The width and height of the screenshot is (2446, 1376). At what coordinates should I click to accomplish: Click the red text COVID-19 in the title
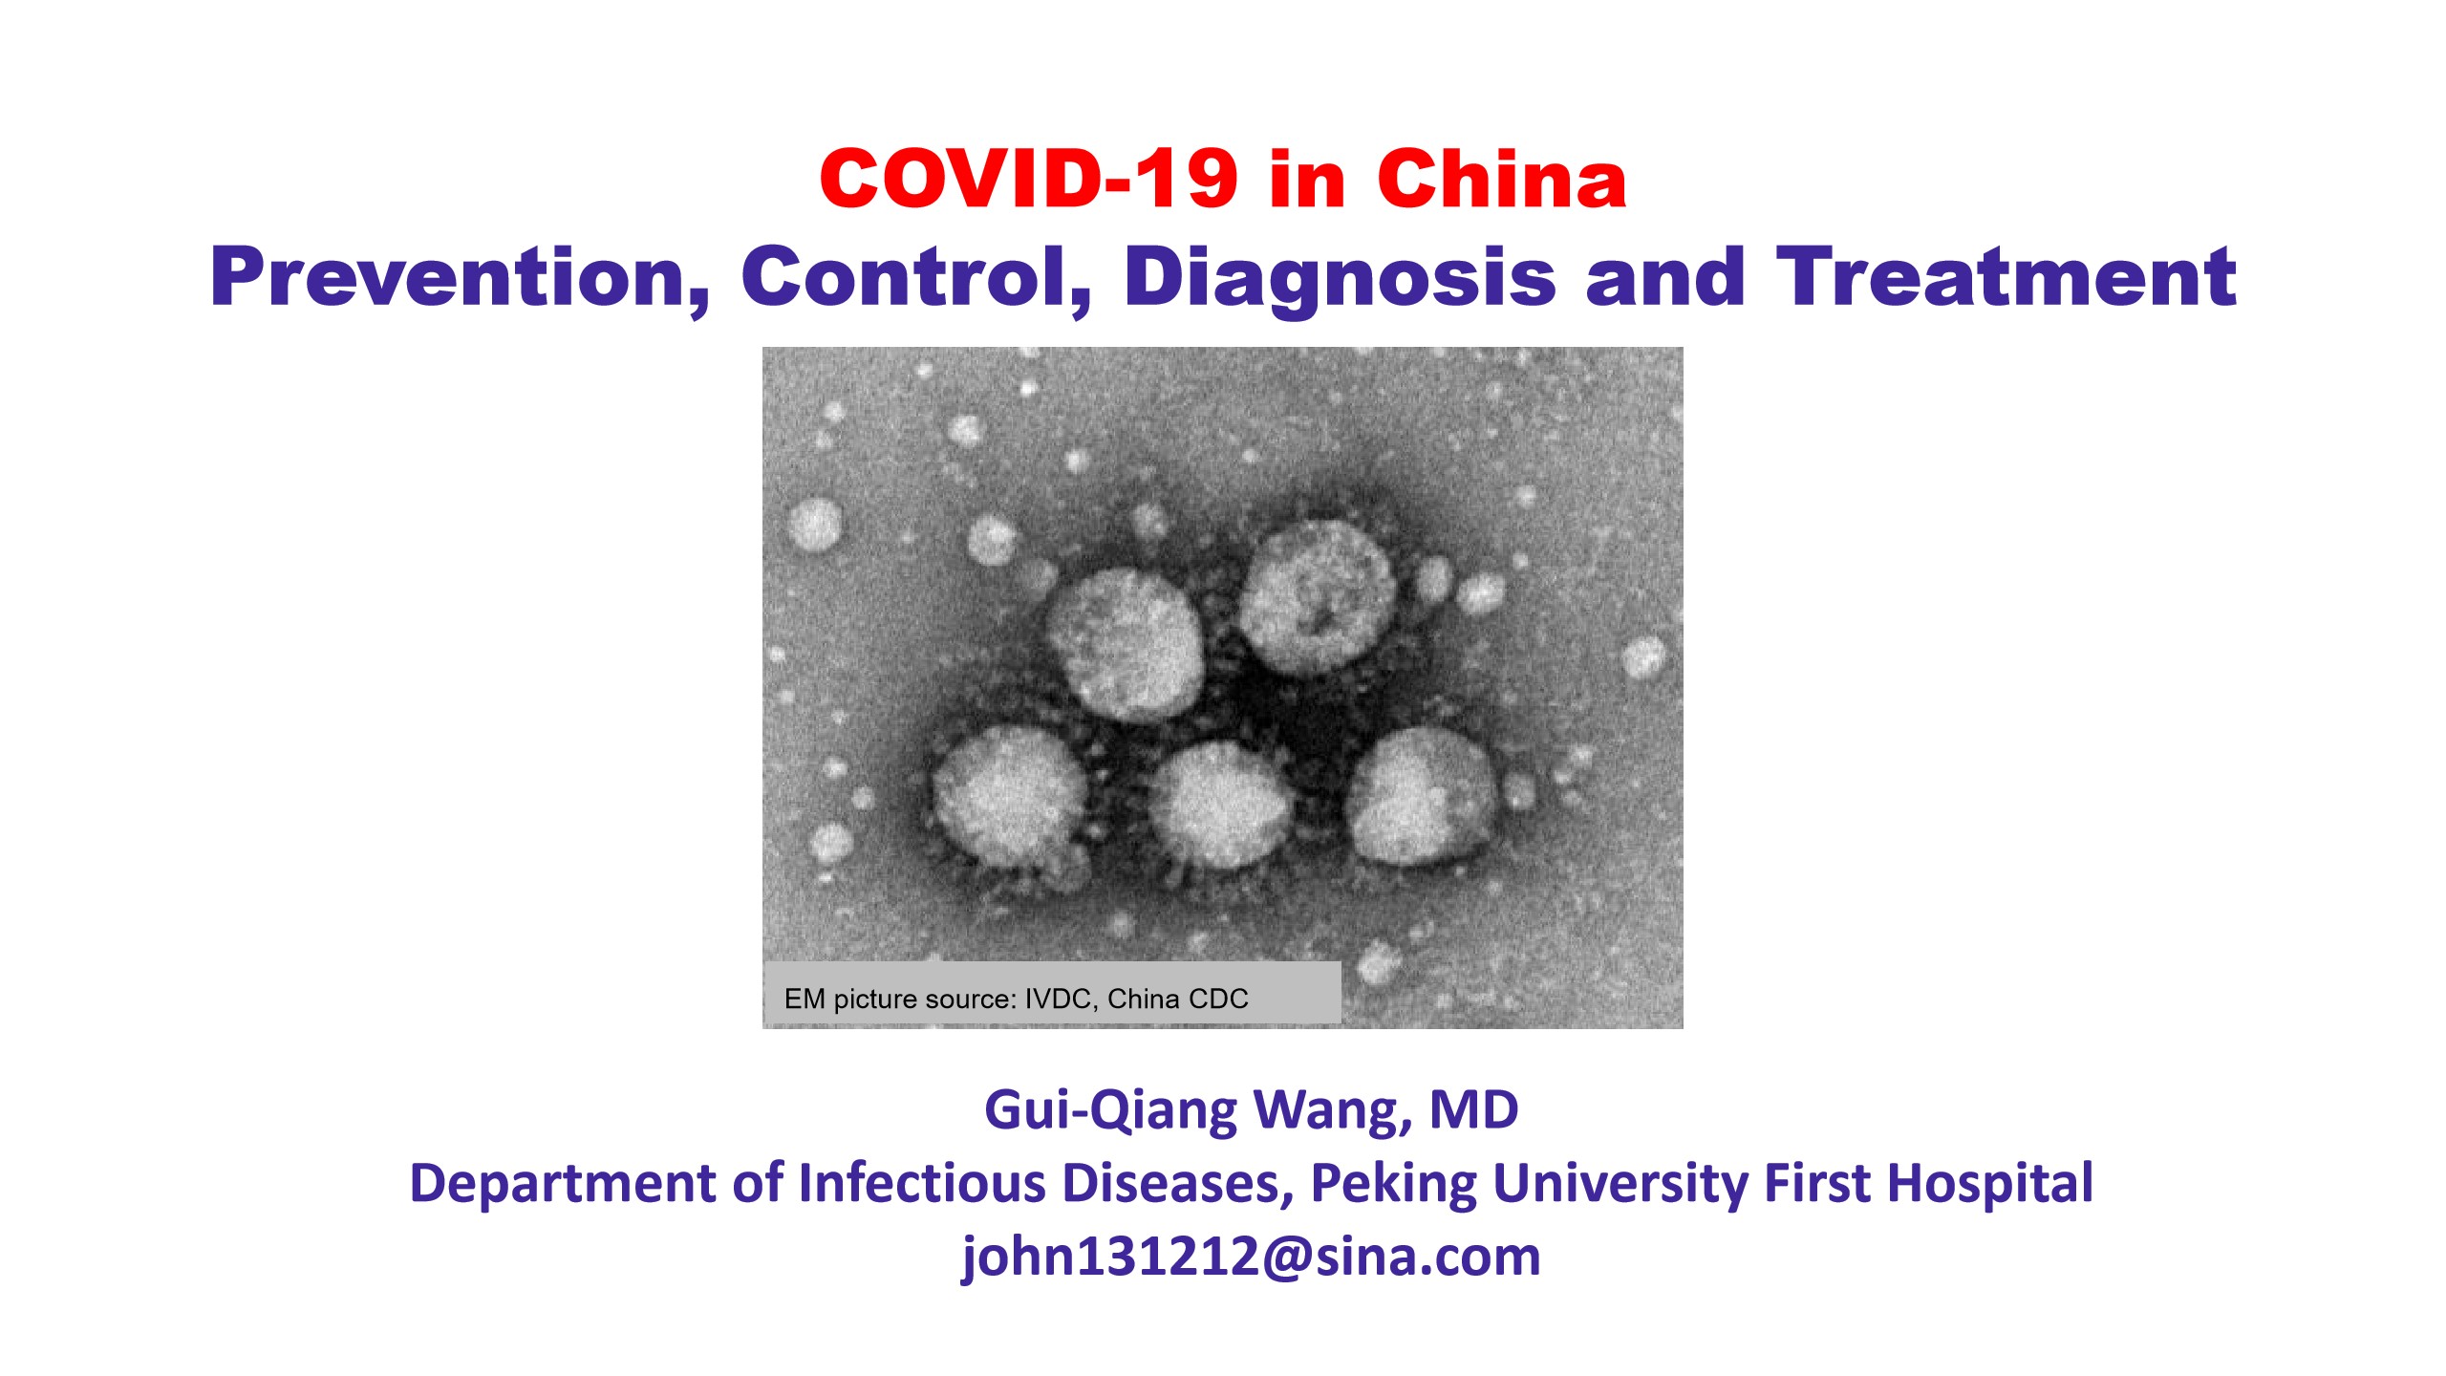(1029, 179)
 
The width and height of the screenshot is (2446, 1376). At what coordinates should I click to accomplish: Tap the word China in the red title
(1501, 179)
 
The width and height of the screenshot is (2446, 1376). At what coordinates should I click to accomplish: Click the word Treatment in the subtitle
(2006, 277)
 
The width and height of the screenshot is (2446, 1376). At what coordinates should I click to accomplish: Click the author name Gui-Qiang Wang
(1198, 1111)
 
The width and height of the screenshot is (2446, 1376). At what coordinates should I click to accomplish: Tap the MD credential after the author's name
(1473, 1109)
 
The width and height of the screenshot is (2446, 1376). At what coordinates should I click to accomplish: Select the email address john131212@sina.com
(1251, 1257)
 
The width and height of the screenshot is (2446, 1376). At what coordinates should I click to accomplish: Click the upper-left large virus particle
(1125, 644)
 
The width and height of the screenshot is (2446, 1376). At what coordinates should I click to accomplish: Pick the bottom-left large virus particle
(1010, 799)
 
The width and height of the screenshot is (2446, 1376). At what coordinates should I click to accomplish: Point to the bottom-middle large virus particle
(1221, 805)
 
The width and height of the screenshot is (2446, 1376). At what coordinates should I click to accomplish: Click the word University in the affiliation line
(1620, 1183)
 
